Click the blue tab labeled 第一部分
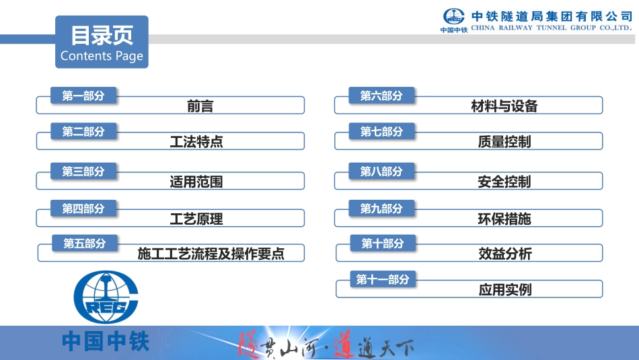tap(83, 96)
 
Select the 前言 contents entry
tap(200, 106)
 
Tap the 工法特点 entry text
tap(196, 142)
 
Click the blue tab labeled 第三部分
tap(83, 172)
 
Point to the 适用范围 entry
tap(196, 182)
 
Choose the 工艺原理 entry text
tap(196, 219)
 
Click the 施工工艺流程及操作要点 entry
tap(211, 254)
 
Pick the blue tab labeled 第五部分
tap(85, 244)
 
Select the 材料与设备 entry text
tap(504, 106)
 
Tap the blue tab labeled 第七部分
tap(381, 132)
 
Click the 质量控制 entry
tap(504, 142)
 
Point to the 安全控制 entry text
tap(504, 182)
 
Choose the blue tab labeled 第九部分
tap(381, 209)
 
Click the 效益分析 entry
tap(505, 254)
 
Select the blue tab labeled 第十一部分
tap(383, 279)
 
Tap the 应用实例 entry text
tap(505, 289)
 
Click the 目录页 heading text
tap(102, 35)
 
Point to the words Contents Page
tap(102, 56)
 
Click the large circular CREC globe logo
tap(106, 297)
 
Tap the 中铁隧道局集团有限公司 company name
tap(552, 15)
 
